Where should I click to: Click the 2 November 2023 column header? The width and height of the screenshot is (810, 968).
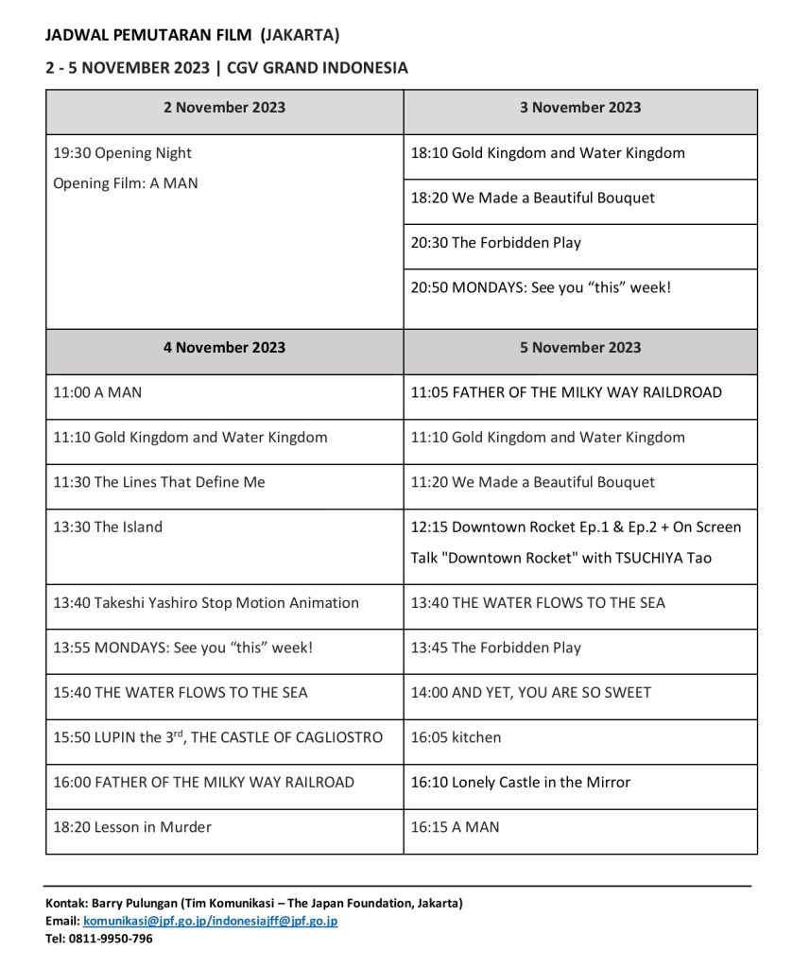click(224, 108)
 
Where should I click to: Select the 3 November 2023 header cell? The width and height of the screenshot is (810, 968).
click(580, 108)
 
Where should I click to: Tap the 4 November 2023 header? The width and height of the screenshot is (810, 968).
click(224, 348)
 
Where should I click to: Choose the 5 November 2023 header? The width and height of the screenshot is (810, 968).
click(580, 348)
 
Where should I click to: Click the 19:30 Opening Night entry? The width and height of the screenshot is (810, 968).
click(123, 153)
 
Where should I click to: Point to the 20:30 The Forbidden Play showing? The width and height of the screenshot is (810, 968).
click(496, 243)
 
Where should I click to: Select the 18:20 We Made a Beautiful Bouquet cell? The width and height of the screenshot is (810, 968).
click(533, 199)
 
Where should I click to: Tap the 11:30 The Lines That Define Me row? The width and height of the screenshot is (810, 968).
click(160, 483)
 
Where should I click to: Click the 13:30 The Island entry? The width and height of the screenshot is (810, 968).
click(108, 527)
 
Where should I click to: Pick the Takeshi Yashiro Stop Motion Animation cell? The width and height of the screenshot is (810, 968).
click(206, 603)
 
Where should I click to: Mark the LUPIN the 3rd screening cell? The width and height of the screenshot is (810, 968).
click(218, 737)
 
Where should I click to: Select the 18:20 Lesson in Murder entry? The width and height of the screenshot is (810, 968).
click(132, 827)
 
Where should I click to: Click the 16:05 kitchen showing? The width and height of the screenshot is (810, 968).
click(456, 737)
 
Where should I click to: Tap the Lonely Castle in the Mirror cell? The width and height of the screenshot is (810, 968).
click(521, 783)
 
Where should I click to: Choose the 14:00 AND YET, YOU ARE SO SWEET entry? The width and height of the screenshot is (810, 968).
click(531, 693)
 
